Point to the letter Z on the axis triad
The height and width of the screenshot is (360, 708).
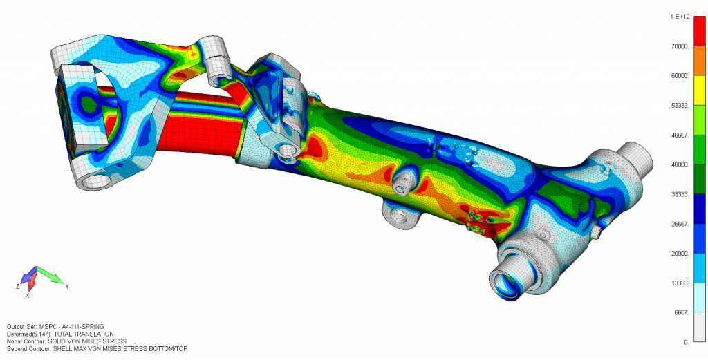(x=17, y=285)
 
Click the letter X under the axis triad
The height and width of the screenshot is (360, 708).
(x=27, y=295)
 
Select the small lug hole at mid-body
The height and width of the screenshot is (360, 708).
(x=400, y=187)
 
